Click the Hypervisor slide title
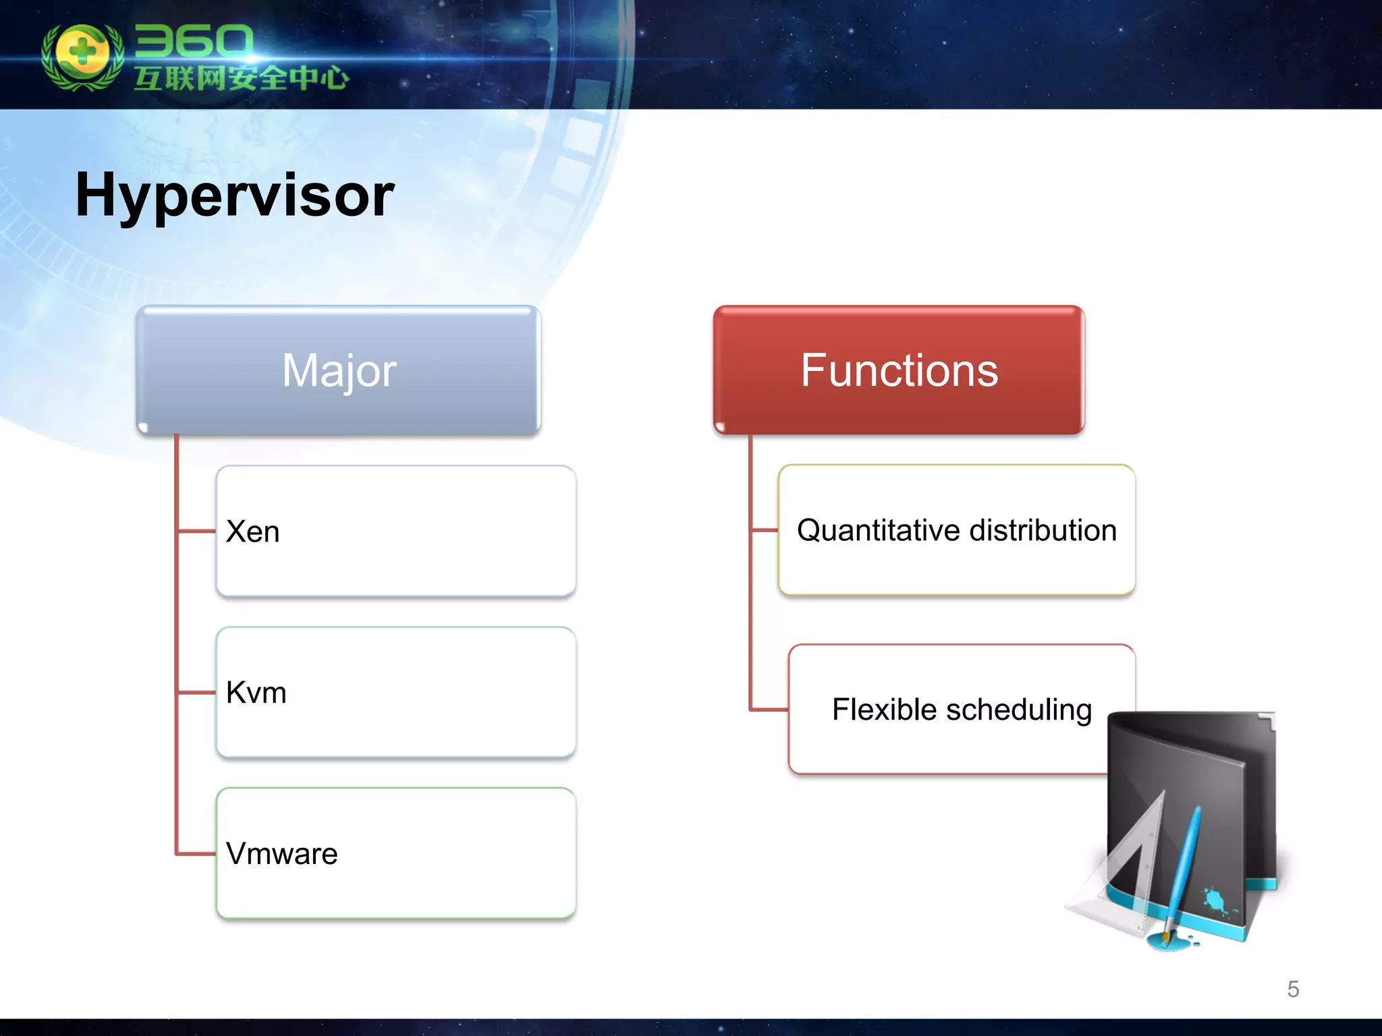tap(234, 196)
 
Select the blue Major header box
tap(338, 370)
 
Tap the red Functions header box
tap(898, 370)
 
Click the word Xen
tap(252, 531)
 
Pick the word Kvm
tap(256, 693)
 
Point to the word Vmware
tap(281, 854)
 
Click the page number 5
tap(1292, 989)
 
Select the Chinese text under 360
tap(241, 78)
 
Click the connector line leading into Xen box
tap(196, 531)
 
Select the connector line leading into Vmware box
tap(196, 854)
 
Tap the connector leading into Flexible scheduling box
tap(769, 710)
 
